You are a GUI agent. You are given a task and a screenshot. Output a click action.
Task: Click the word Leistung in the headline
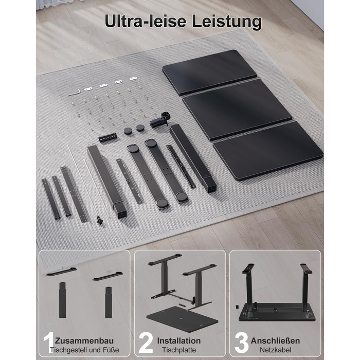pos(227,22)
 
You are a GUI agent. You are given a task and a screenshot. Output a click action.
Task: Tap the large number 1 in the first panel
pos(49,343)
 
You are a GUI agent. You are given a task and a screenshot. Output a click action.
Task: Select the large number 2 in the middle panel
pos(146,343)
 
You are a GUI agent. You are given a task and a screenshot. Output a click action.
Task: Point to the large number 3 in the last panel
pos(241,343)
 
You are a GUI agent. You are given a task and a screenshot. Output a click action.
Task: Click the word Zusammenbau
pos(84,340)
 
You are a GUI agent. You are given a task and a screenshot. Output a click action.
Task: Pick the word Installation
pos(179,340)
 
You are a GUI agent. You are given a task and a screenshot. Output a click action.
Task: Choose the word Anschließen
pos(275,340)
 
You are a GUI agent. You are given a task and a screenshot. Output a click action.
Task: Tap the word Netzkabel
pos(276,350)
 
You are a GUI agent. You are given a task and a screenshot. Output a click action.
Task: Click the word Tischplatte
pos(179,350)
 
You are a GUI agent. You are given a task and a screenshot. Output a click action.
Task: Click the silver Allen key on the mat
pos(74,92)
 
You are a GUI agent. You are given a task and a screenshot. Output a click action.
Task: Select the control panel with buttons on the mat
pos(107,138)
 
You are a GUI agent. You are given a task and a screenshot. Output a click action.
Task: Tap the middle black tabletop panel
pos(237,110)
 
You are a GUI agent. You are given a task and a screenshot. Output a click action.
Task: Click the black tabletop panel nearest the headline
pos(209,73)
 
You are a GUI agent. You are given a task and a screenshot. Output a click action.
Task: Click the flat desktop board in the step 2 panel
pos(182,319)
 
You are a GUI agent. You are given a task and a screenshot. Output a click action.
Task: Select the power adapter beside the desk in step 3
pos(237,307)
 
